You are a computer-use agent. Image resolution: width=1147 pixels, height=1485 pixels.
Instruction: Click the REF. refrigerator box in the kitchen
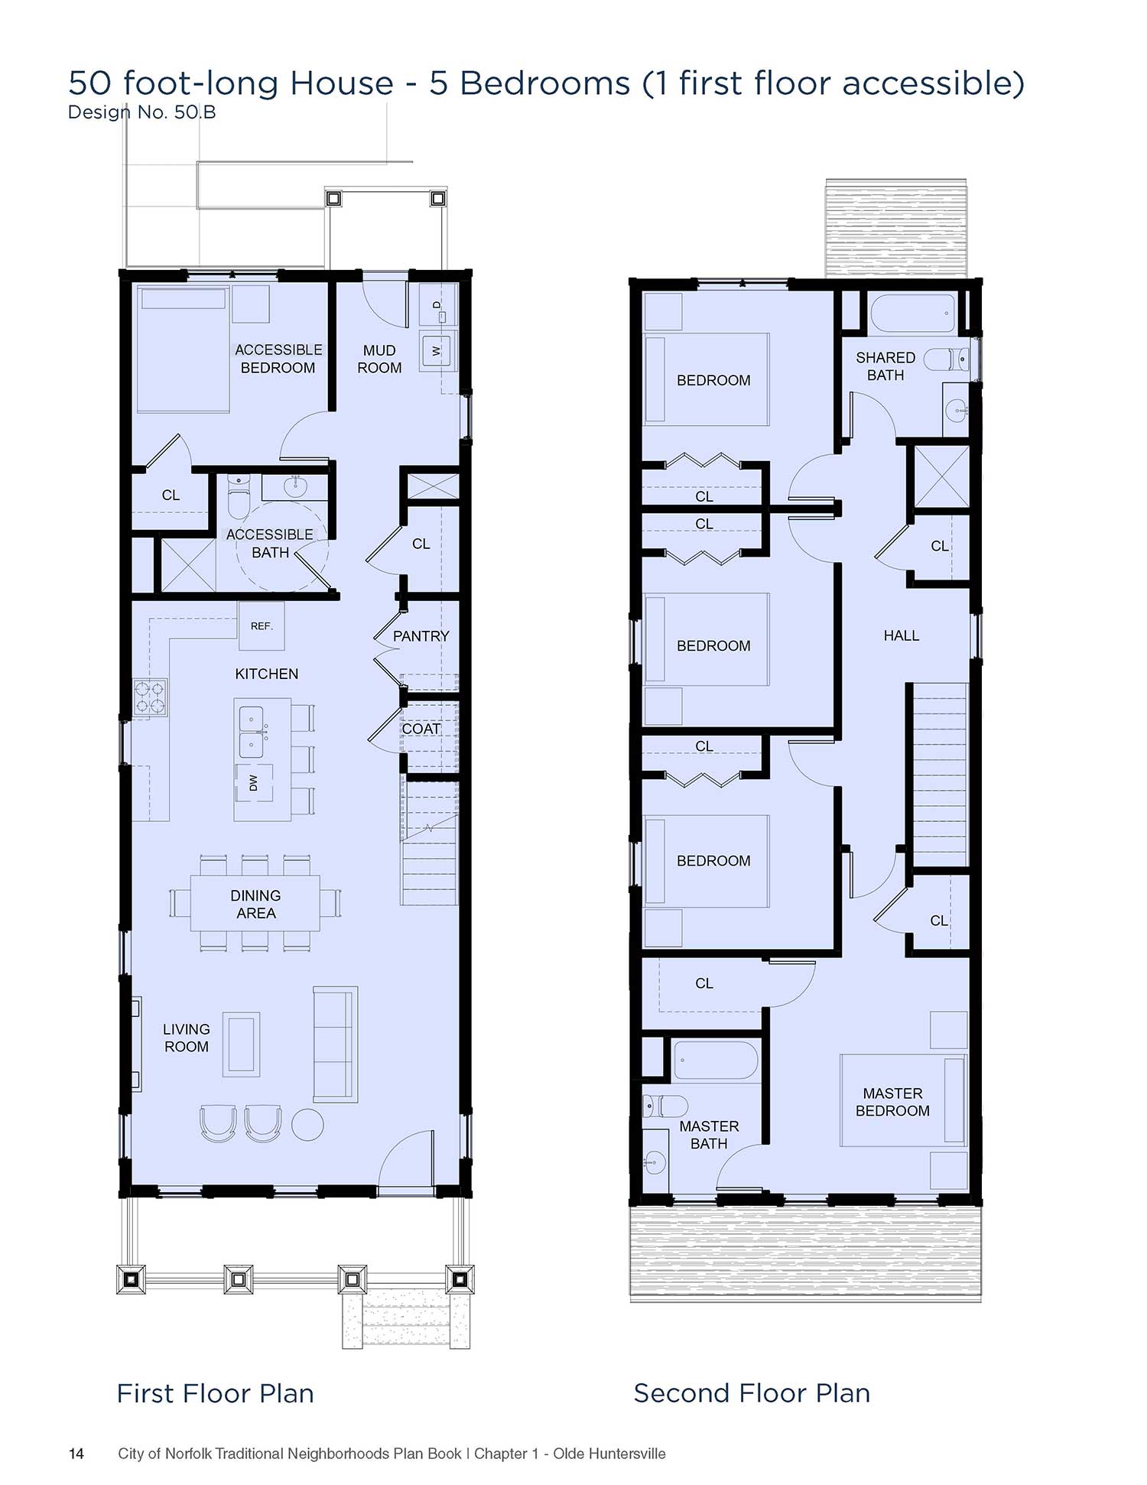[262, 626]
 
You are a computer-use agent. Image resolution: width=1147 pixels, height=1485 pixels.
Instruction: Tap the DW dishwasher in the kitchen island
[254, 781]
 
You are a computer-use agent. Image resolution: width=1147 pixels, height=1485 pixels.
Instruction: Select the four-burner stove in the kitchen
[150, 697]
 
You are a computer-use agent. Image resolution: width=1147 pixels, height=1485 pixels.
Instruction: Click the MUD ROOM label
[379, 359]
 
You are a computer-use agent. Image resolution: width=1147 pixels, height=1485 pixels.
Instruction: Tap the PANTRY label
[421, 636]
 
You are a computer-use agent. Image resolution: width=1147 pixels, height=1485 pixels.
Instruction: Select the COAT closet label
[421, 729]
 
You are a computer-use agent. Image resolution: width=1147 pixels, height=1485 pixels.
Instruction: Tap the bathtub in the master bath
[716, 1060]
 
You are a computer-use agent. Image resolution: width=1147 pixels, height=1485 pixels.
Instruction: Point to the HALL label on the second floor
[901, 635]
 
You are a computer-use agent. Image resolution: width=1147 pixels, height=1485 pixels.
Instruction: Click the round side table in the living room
[308, 1124]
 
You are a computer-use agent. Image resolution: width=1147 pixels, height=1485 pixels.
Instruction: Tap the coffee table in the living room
[241, 1045]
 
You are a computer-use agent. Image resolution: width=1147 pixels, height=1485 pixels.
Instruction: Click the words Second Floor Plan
[752, 1393]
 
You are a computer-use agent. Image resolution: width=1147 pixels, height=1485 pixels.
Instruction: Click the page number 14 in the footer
[76, 1454]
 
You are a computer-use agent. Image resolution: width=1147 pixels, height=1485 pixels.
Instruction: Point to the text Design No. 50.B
[142, 112]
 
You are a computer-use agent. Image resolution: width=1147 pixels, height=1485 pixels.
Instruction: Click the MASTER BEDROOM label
[892, 1102]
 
